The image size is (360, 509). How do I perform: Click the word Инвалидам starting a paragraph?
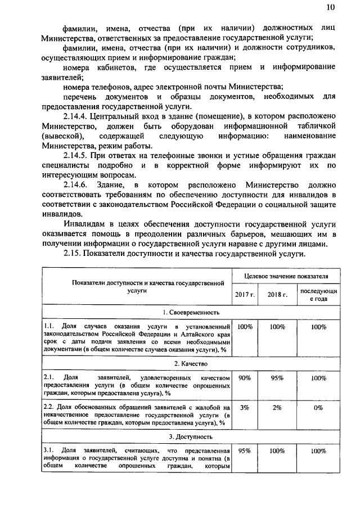(84, 223)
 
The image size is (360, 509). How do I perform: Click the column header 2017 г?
(245, 295)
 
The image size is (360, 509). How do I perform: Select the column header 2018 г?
(277, 295)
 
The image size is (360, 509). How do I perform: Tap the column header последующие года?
(318, 295)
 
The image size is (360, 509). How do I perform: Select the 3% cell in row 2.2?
(245, 408)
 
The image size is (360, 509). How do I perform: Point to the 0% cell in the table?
(318, 408)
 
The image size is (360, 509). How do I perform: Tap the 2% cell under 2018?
(277, 408)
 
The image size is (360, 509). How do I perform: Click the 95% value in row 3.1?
(245, 451)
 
